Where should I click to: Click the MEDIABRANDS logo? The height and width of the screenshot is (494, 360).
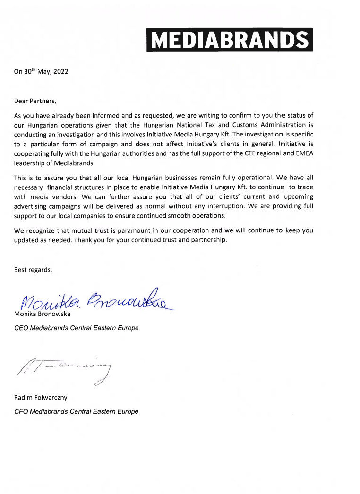[x=230, y=40]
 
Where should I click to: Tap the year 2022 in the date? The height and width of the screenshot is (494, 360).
[x=60, y=72]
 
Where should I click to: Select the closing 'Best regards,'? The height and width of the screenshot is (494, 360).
[x=33, y=270]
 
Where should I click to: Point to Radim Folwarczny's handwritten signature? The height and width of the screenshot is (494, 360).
[x=66, y=371]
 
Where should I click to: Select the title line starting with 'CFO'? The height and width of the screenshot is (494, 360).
[x=76, y=411]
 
